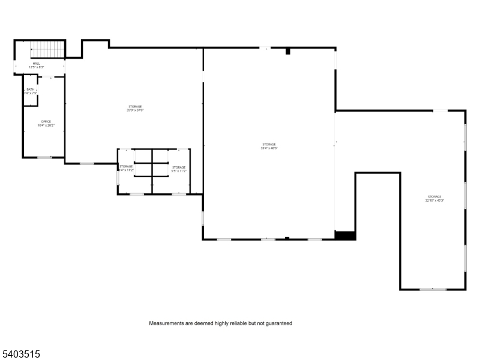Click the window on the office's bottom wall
[x=44, y=157]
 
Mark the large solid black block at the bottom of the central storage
[x=345, y=236]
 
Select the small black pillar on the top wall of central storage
[x=288, y=52]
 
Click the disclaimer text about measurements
[x=220, y=323]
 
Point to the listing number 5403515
[x=21, y=355]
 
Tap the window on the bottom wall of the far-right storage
[x=433, y=290]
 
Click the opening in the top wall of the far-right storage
[x=440, y=110]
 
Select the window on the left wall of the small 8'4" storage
[x=118, y=178]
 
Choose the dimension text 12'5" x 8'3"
[x=37, y=67]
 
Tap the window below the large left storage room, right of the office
[x=87, y=163]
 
